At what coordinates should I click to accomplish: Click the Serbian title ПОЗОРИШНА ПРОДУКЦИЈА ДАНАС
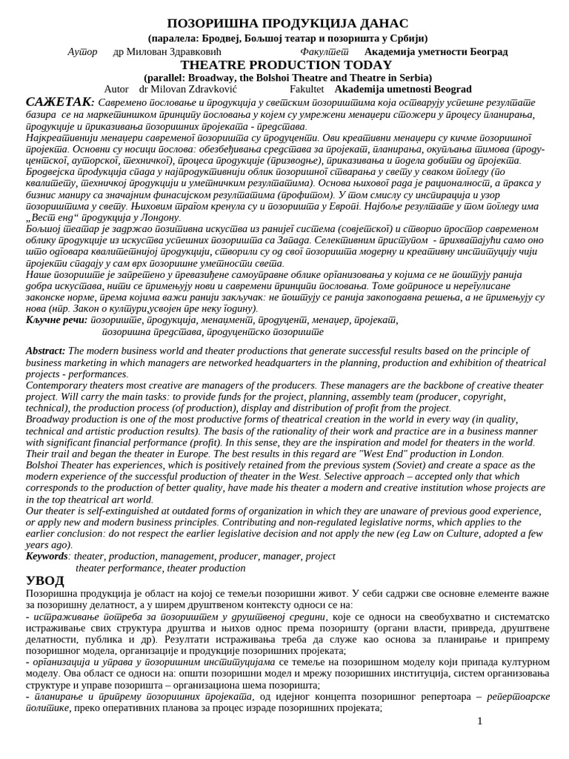[x=287, y=23]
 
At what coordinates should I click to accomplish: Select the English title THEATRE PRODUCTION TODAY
[x=286, y=65]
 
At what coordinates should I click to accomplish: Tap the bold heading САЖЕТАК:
[x=60, y=102]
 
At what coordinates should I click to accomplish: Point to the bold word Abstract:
[x=45, y=351]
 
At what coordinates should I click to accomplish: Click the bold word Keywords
[x=47, y=556]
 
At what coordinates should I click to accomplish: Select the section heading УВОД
[x=44, y=580]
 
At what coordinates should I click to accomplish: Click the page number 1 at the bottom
[x=479, y=721]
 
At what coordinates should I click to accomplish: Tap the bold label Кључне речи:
[x=56, y=319]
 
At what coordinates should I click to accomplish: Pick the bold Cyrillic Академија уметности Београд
[x=436, y=51]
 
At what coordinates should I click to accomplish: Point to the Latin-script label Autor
[x=116, y=89]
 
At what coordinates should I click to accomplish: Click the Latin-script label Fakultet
[x=306, y=89]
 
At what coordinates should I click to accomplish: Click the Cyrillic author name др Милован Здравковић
[x=167, y=51]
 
